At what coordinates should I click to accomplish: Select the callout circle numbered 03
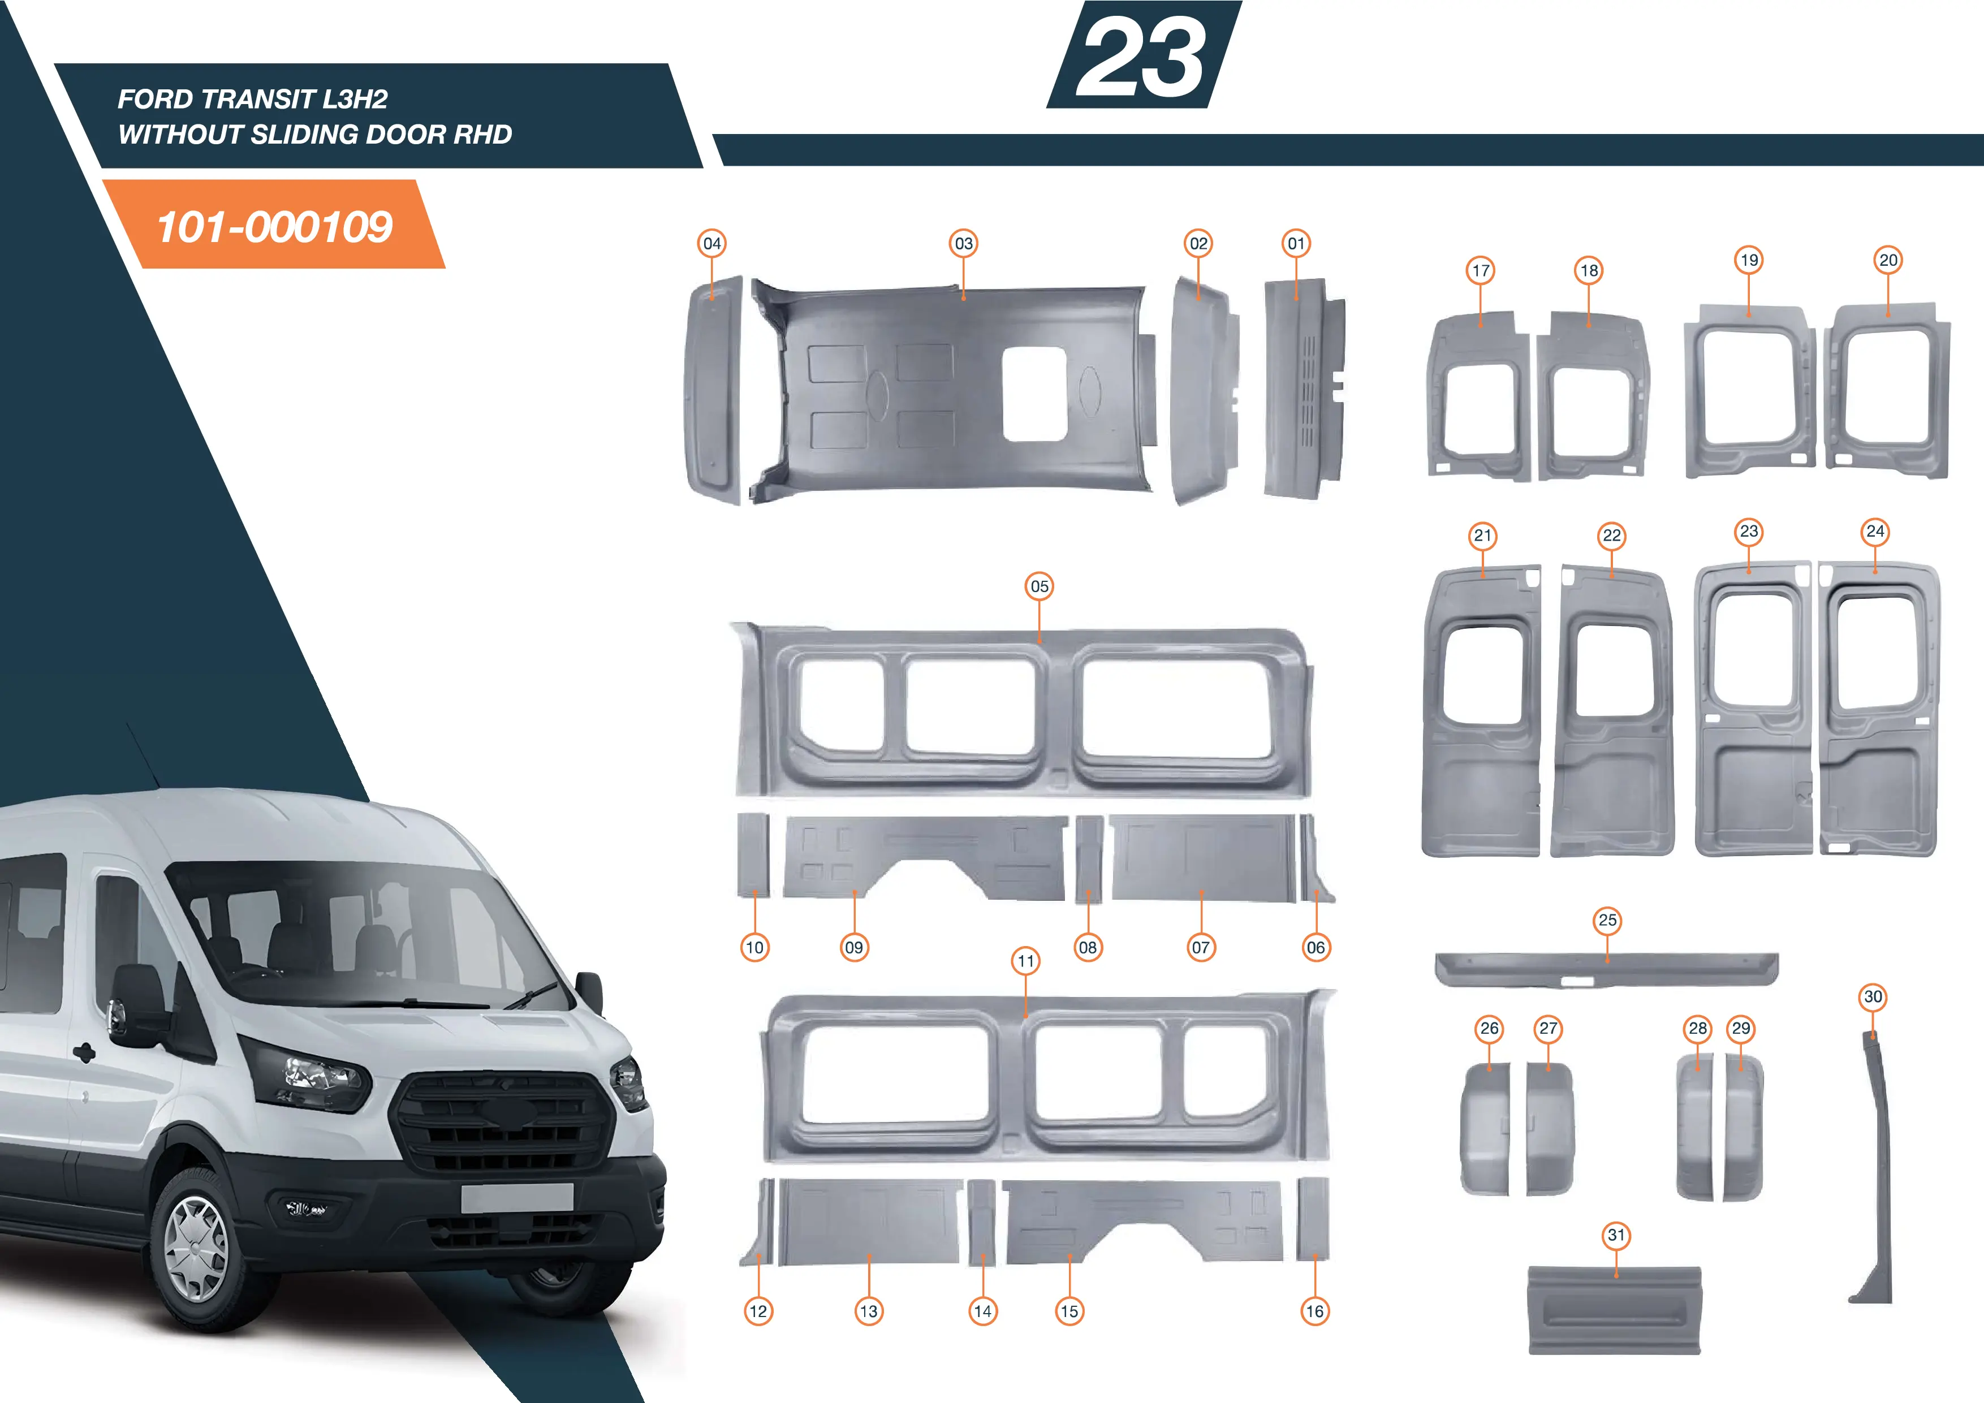[x=964, y=244]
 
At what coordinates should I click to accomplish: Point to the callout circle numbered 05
[x=1040, y=586]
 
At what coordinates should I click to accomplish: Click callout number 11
[x=1026, y=961]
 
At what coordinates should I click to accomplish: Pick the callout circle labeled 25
[x=1607, y=920]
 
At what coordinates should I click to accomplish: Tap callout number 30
[x=1873, y=997]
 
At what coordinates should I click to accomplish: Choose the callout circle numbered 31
[x=1616, y=1236]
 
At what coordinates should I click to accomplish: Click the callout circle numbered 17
[x=1481, y=270]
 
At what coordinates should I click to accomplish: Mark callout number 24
[x=1875, y=532]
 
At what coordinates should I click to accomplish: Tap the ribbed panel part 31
[x=1614, y=1310]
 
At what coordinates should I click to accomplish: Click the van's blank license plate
[x=517, y=1197]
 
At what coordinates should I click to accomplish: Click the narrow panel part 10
[x=753, y=854]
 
